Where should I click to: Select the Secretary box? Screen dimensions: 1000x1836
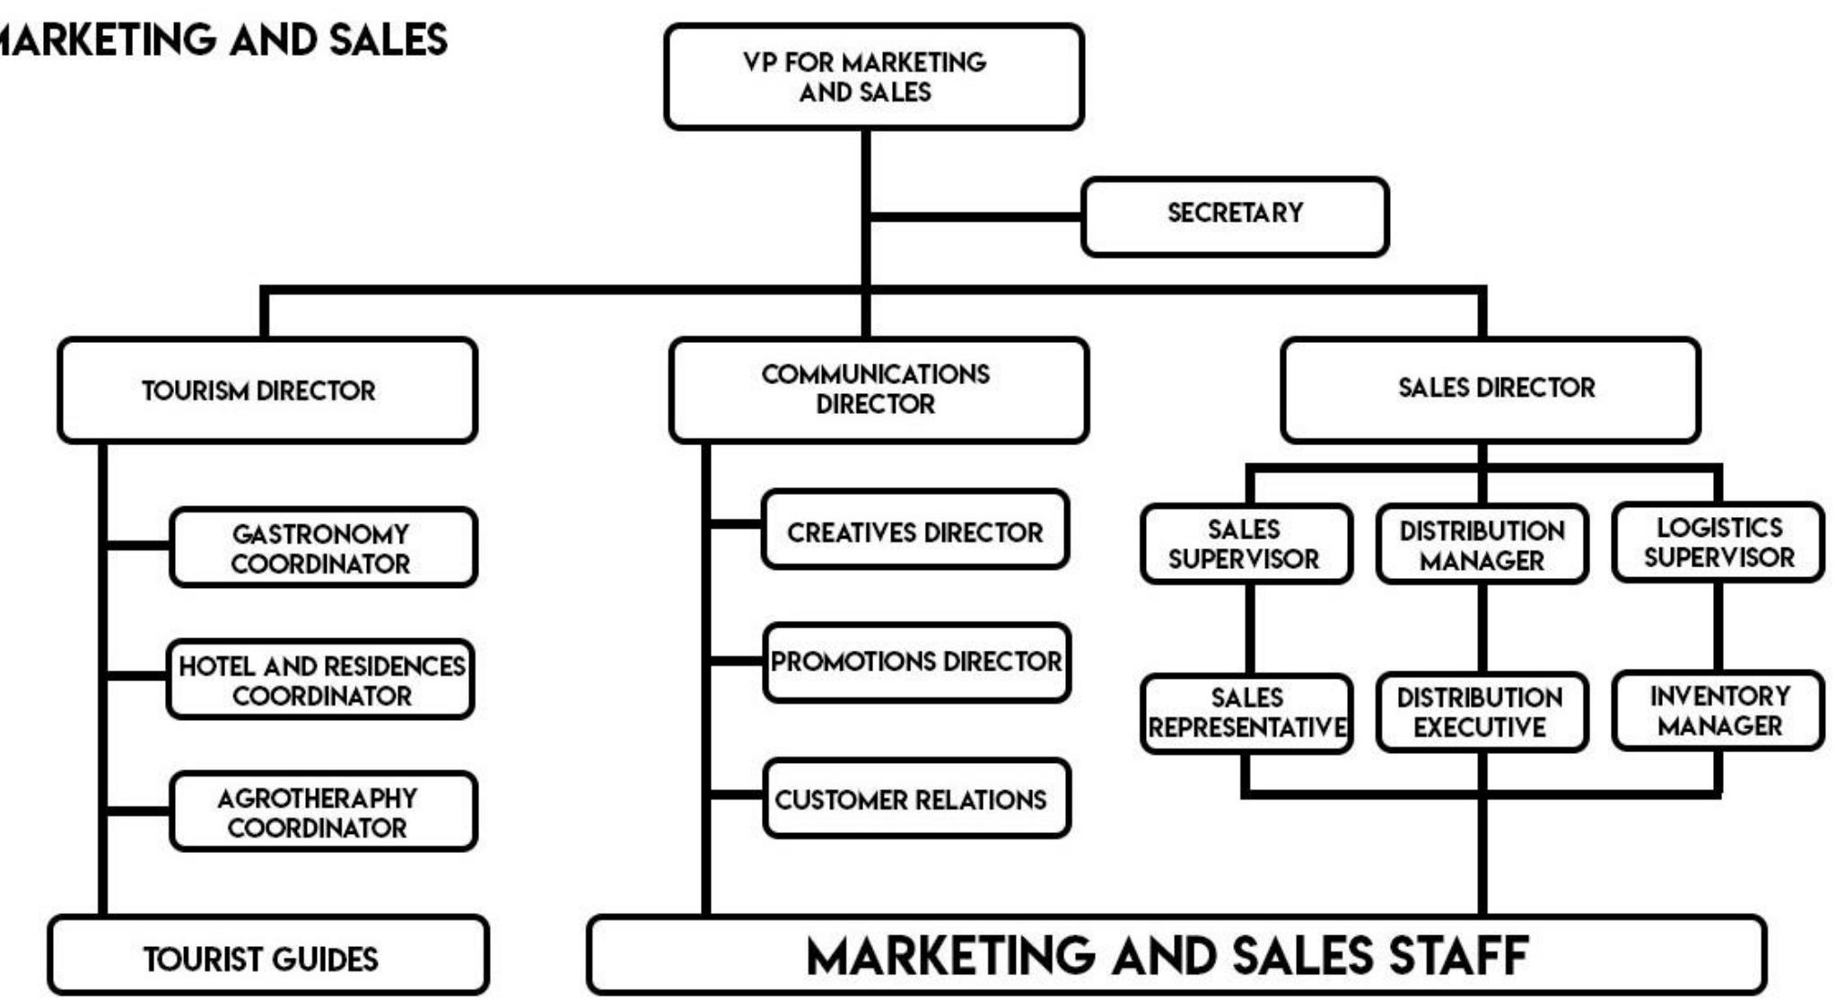click(x=1235, y=216)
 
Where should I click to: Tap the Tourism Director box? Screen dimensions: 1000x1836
click(x=267, y=390)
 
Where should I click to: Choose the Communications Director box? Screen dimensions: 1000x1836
click(x=878, y=390)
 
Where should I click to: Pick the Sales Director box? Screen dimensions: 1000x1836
click(x=1490, y=390)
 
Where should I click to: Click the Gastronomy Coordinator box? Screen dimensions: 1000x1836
click(x=322, y=548)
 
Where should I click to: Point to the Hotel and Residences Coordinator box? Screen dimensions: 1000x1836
click(x=320, y=680)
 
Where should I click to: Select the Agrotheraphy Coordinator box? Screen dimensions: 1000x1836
click(x=322, y=811)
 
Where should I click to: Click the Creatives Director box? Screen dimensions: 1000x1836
click(x=914, y=530)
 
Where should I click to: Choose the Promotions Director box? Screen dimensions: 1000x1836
click(x=916, y=662)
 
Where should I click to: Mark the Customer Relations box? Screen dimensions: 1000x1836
click(x=916, y=798)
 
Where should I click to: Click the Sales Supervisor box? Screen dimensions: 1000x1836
click(x=1246, y=544)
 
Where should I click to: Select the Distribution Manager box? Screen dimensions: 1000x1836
click(x=1482, y=544)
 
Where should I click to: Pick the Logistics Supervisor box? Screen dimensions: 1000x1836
click(x=1718, y=542)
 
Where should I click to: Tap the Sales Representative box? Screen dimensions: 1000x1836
click(x=1246, y=713)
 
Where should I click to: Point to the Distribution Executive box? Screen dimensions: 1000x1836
click(x=1482, y=713)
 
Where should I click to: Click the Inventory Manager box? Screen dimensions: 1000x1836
click(x=1718, y=711)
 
